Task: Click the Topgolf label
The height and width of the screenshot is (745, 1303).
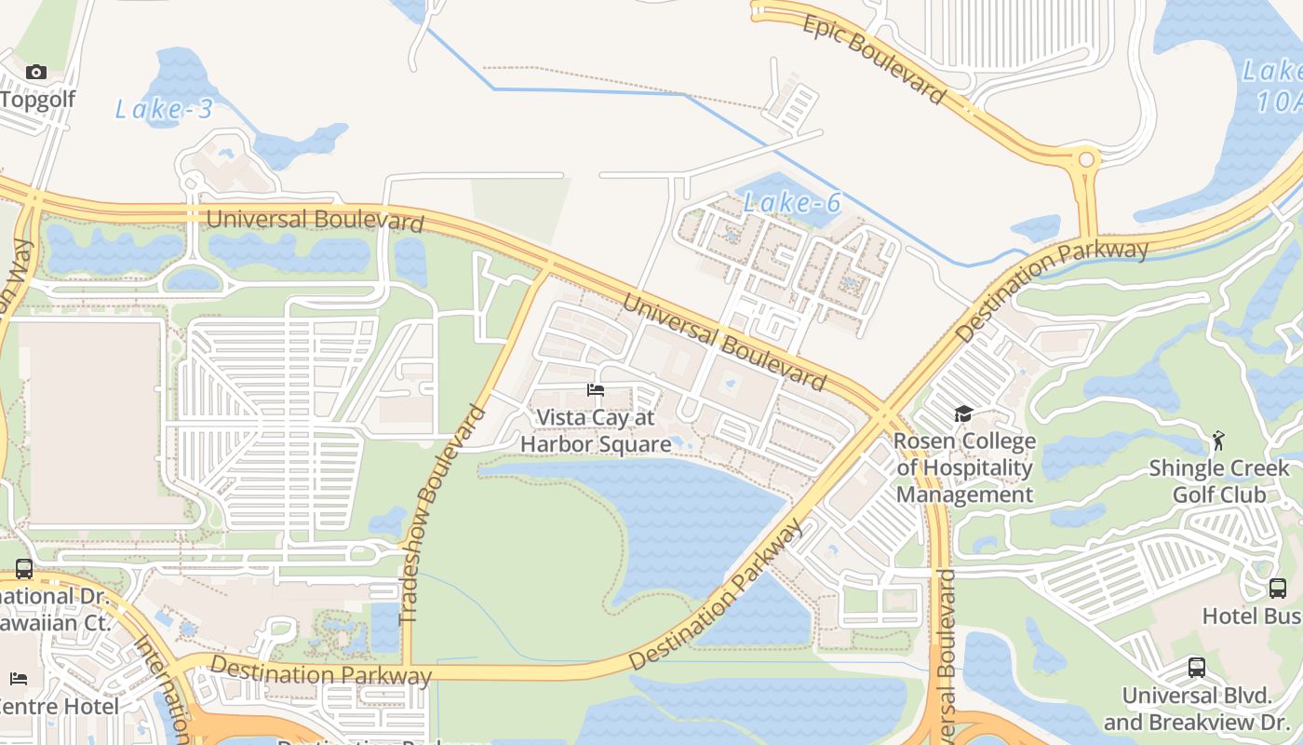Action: (x=37, y=99)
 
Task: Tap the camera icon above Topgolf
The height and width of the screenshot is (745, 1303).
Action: (x=36, y=73)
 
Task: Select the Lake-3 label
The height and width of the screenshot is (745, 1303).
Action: (x=164, y=110)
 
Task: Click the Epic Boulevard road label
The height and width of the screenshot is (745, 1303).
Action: (x=873, y=60)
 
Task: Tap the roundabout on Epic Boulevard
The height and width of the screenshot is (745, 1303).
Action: (x=1085, y=160)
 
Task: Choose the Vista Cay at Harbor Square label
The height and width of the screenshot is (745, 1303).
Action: (x=596, y=431)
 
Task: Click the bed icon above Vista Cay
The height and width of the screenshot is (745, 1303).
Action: (x=596, y=390)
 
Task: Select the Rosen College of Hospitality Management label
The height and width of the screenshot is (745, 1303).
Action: (x=965, y=467)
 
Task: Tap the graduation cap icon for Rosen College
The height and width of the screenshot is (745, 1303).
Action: (x=963, y=413)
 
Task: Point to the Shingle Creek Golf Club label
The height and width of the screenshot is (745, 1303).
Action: (x=1219, y=481)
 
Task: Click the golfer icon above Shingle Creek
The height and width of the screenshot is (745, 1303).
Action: (x=1218, y=440)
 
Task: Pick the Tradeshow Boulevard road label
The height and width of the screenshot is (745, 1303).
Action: (x=443, y=514)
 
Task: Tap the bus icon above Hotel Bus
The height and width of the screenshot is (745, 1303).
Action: (x=1278, y=589)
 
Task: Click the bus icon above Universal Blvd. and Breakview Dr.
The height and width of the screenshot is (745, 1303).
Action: (x=1197, y=667)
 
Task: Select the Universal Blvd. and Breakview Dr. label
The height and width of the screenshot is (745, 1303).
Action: (x=1197, y=709)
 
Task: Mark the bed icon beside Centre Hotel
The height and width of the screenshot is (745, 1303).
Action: (x=19, y=678)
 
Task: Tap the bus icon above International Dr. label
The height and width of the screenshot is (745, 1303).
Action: (x=24, y=568)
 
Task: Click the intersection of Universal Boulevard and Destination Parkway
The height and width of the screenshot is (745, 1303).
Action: (x=880, y=415)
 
